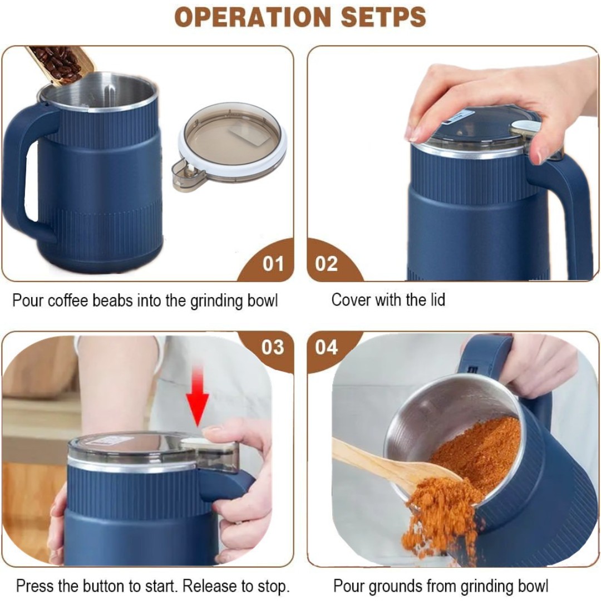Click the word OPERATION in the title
click(252, 17)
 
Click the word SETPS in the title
click(383, 17)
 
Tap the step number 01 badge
click(273, 264)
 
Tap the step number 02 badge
click(327, 264)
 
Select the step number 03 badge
click(273, 347)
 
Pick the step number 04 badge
click(327, 347)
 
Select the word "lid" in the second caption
click(437, 300)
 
